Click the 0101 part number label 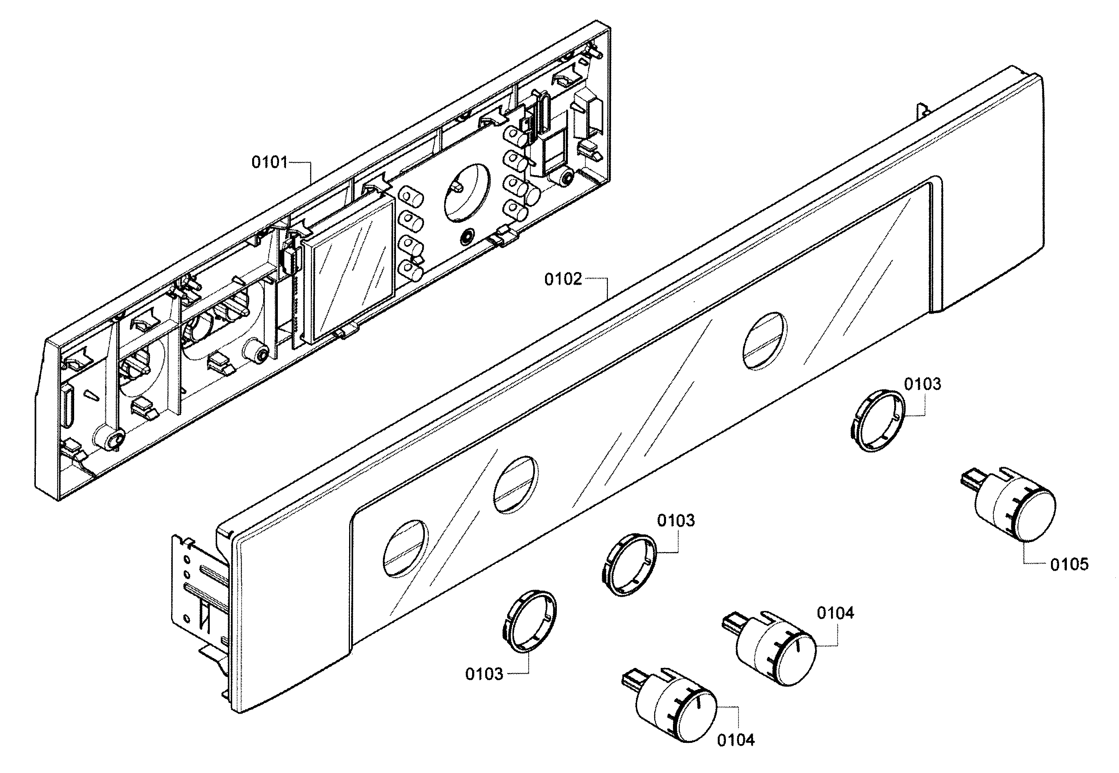click(269, 162)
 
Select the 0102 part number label click(563, 279)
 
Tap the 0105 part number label click(1069, 564)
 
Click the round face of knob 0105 click(1030, 517)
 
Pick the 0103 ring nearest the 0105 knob click(878, 420)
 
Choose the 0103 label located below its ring click(484, 674)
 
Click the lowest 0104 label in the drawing click(735, 740)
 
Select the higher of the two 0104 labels click(835, 613)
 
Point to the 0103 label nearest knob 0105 click(922, 384)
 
